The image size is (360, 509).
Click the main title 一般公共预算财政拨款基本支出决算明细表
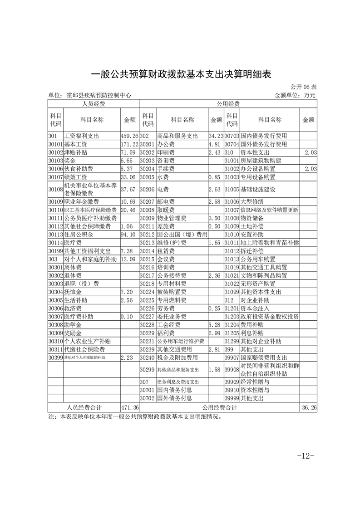coord(181,74)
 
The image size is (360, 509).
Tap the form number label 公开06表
coord(303,87)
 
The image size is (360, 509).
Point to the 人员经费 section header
coord(94,104)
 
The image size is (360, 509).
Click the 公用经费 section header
coord(228,104)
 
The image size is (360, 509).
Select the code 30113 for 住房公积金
coord(55,235)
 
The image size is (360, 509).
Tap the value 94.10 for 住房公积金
coord(128,235)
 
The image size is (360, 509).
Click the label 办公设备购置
coord(259,169)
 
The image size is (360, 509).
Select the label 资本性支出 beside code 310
coord(256,152)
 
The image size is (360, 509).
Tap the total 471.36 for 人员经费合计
coord(129,408)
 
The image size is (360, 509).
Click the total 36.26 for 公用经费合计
coord(309,408)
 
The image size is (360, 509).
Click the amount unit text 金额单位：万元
coord(295,96)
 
